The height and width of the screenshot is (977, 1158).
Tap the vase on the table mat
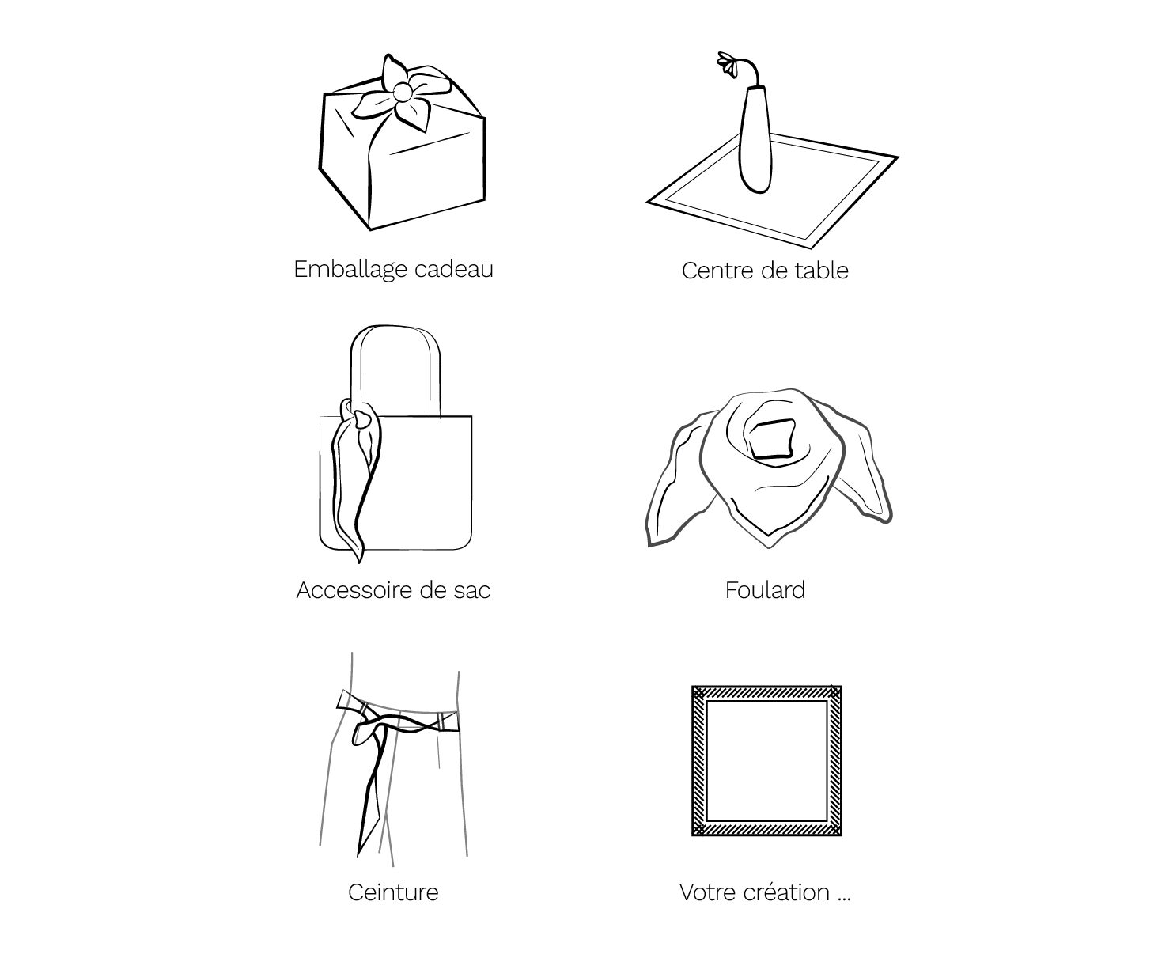[755, 139]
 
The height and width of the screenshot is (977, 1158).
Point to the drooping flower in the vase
[728, 64]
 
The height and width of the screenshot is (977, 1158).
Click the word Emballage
[350, 271]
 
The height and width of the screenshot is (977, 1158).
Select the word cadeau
[454, 269]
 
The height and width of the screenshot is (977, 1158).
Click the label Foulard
[765, 589]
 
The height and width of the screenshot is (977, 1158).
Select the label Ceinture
[393, 892]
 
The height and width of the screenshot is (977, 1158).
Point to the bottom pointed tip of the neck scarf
[769, 547]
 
